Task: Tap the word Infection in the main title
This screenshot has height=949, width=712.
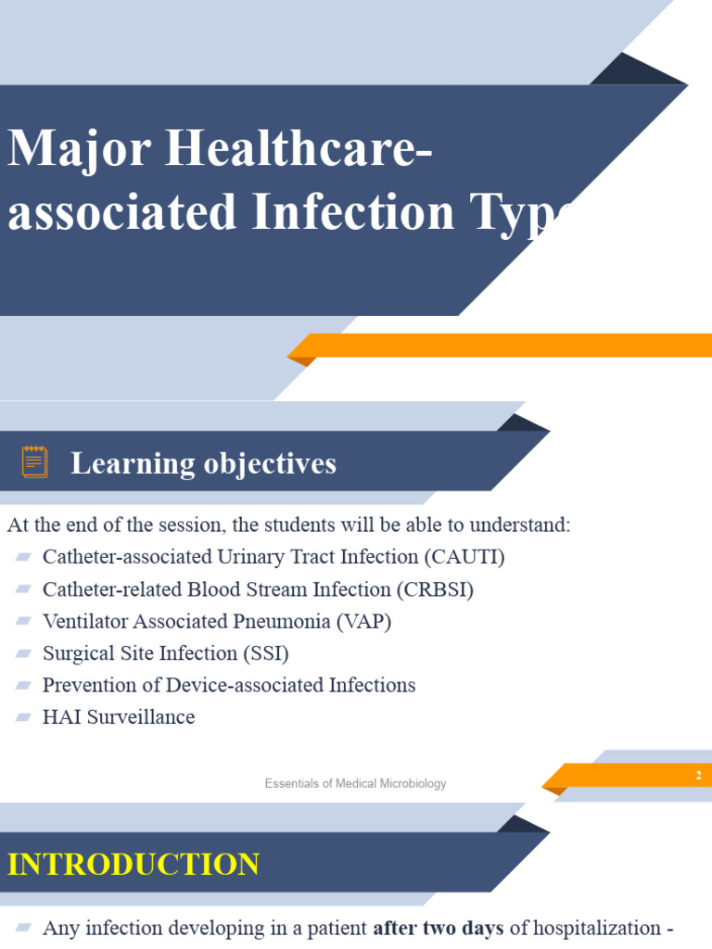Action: (x=353, y=212)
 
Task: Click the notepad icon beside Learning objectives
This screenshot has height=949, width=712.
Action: (x=35, y=462)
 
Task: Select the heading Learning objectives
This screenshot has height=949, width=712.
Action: (x=203, y=463)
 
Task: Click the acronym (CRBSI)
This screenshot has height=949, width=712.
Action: (x=435, y=589)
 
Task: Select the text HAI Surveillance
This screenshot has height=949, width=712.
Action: (x=119, y=717)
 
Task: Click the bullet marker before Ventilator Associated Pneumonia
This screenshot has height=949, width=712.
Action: (x=23, y=621)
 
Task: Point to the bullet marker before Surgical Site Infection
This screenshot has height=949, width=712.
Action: (x=23, y=653)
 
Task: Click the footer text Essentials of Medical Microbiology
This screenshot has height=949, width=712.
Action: (x=355, y=784)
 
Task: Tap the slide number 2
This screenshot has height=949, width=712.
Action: (x=698, y=776)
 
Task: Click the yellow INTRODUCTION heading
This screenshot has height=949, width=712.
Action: (x=133, y=865)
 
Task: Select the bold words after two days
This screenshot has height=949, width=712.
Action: (x=438, y=928)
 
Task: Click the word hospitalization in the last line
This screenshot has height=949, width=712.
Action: (x=594, y=928)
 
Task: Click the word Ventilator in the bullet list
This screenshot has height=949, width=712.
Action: (x=84, y=621)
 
